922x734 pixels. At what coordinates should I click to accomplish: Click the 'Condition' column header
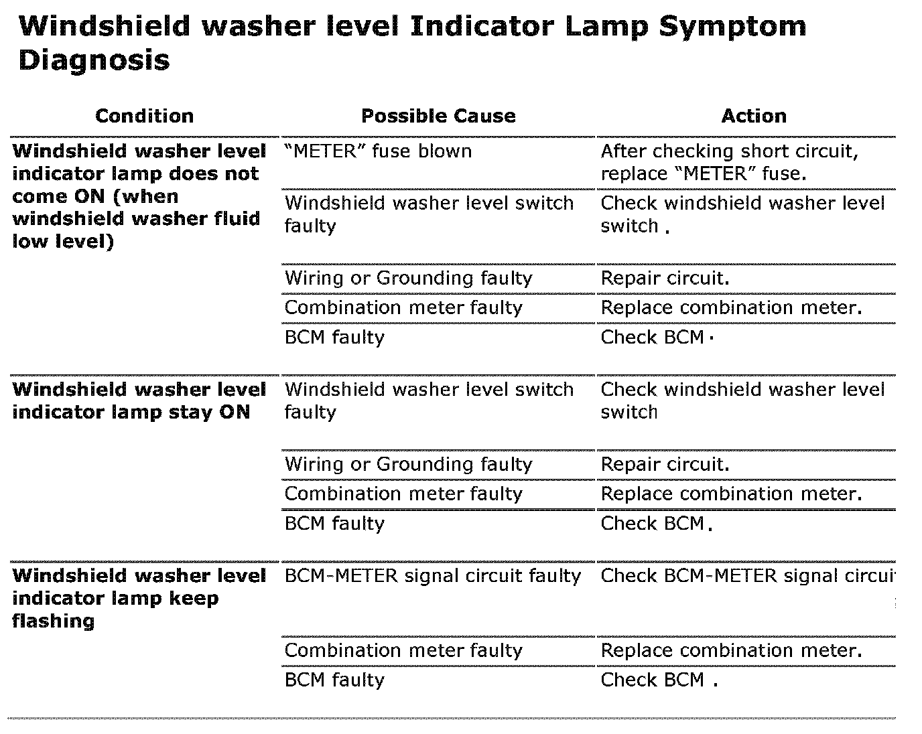point(144,116)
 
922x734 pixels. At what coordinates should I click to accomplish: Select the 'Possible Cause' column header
point(438,116)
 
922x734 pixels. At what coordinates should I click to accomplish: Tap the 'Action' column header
point(753,116)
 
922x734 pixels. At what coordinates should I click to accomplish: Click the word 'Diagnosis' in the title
point(94,61)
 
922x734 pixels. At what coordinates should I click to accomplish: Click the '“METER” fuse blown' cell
point(378,151)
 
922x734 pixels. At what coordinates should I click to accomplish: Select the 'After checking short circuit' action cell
point(729,162)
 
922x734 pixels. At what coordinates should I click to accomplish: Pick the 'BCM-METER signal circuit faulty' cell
point(432,576)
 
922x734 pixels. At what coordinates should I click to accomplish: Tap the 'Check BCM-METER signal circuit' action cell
point(747,576)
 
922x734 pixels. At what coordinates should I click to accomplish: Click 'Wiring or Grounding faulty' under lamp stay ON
point(408,464)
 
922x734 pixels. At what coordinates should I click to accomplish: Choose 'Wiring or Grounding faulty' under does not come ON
point(408,278)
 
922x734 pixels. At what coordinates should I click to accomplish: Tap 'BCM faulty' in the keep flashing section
point(334,680)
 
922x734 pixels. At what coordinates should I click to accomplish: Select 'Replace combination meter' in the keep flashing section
point(730,650)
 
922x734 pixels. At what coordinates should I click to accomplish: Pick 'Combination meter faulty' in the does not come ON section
point(403,307)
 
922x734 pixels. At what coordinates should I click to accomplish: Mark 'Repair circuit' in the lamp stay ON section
point(665,464)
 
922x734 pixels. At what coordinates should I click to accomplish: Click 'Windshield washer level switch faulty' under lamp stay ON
point(429,400)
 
